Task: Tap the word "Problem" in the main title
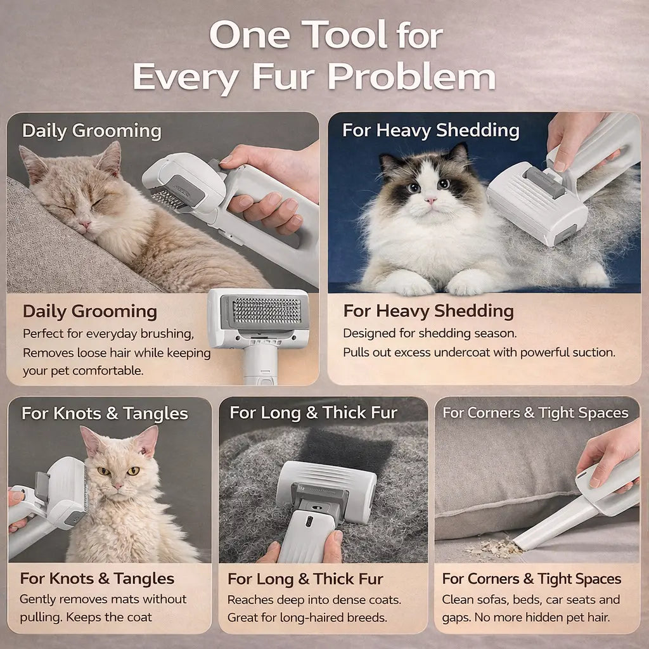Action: pos(412,77)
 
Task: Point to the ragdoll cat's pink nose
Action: pos(430,200)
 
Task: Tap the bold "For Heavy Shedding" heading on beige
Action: pos(428,311)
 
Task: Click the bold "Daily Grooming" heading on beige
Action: pos(89,311)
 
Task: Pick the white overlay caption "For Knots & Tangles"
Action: pos(105,414)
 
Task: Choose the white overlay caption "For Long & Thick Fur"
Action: pos(313,413)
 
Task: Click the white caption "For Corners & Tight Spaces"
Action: pos(536,413)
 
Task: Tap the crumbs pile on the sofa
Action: pos(491,546)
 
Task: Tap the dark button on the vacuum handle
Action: pos(309,521)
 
